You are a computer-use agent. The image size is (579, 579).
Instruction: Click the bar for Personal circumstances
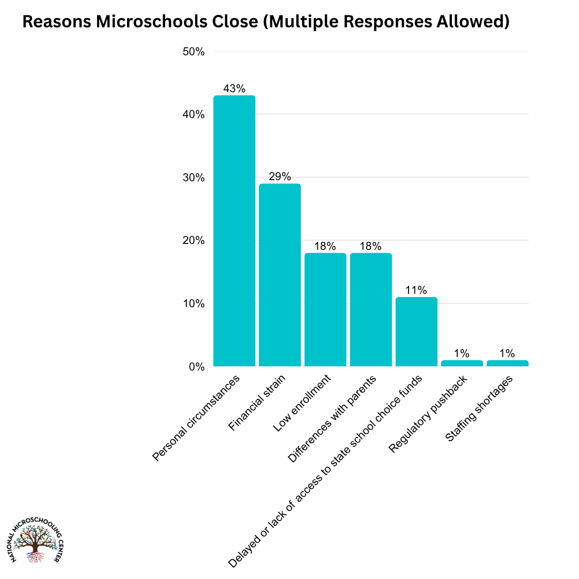234,231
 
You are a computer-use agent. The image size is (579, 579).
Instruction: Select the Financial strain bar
280,275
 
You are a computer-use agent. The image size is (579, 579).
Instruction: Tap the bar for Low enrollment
325,310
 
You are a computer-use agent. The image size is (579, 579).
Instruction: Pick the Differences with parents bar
371,310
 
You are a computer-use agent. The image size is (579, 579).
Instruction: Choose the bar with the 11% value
417,332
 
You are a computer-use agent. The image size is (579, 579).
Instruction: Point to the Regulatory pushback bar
462,363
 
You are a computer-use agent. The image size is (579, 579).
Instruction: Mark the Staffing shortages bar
508,363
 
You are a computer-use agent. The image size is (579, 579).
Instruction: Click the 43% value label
234,89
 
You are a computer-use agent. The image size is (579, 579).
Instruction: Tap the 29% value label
280,177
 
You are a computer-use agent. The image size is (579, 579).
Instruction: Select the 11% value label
417,291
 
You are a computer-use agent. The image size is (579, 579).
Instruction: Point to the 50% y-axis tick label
194,52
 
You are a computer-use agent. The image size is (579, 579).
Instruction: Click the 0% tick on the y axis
197,367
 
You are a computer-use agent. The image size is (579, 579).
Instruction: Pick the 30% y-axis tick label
194,178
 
